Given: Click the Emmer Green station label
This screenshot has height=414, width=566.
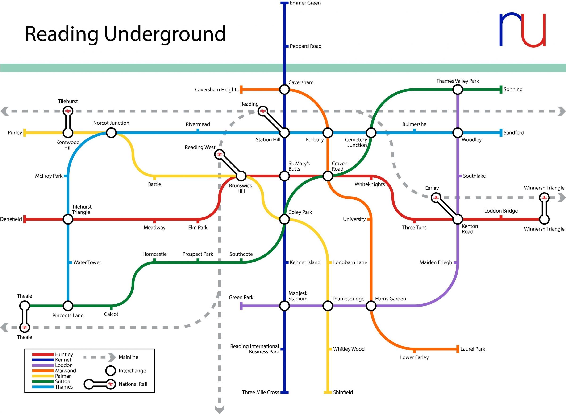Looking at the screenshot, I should (305, 3).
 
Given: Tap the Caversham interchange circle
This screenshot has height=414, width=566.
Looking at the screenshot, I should (284, 90).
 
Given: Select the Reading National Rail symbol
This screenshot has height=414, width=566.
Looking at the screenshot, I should (263, 111).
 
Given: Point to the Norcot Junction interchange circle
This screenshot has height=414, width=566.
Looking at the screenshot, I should (111, 133).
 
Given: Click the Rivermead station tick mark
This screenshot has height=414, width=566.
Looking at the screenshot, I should (198, 131).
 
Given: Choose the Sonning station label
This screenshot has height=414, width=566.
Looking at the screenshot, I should (513, 90).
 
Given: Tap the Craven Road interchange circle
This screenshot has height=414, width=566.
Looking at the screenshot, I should (328, 176).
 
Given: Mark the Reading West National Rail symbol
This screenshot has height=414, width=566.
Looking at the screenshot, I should (219, 155).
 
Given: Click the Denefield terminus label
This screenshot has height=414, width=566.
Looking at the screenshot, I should (11, 219).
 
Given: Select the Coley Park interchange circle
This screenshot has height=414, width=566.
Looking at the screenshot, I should (284, 219).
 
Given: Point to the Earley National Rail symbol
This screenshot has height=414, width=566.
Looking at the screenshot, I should (436, 198).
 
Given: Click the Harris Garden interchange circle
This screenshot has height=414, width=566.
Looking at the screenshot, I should (371, 306).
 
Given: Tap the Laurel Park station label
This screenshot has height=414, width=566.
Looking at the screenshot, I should (472, 349).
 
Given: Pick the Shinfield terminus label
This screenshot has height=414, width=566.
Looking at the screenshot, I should (343, 392).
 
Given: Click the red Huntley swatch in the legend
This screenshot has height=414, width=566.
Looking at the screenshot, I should (43, 354).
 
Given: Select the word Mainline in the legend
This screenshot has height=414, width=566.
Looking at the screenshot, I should (128, 357).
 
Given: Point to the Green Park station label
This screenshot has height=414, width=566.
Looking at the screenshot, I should (241, 297).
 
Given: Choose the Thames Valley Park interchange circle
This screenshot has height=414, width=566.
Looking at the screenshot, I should (458, 90).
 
